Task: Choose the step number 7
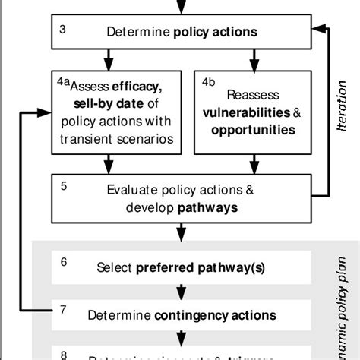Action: [x=64, y=308]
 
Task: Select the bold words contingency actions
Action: [x=213, y=315]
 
